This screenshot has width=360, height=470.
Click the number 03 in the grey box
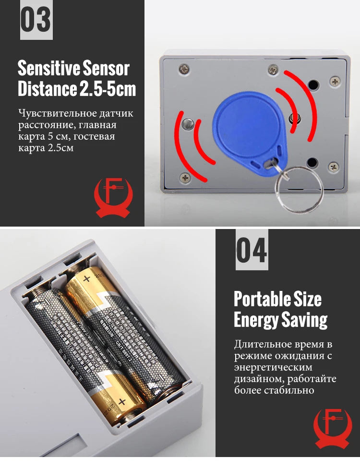click(36, 20)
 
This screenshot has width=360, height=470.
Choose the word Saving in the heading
click(306, 320)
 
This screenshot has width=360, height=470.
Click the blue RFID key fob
click(246, 128)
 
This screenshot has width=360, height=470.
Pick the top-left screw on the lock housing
click(184, 69)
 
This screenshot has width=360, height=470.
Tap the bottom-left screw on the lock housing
click(185, 177)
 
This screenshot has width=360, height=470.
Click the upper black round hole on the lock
click(313, 85)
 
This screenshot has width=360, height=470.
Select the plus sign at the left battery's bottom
click(122, 401)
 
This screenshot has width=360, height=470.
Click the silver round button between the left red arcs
click(189, 124)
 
